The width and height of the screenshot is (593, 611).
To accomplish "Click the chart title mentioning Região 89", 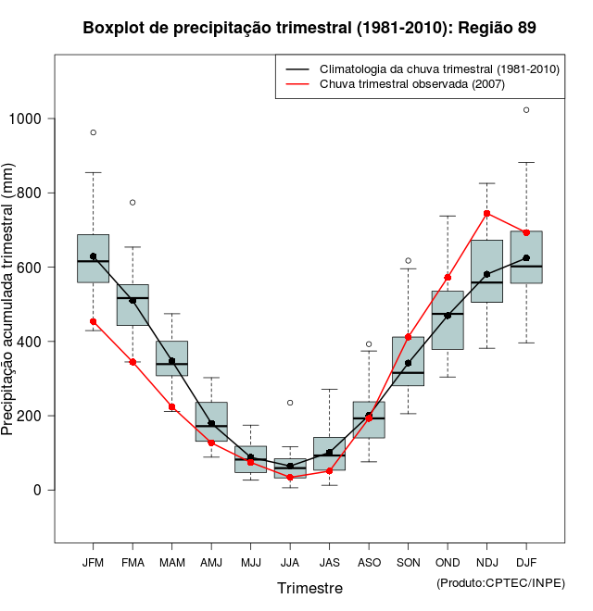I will point(309,28).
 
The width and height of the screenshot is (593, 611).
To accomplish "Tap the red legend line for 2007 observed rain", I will point(296,85).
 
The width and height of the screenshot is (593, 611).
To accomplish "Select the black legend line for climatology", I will point(296,69).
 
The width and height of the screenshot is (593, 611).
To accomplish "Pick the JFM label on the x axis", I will point(93,562).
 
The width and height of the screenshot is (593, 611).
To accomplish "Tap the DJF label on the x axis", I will point(526,562).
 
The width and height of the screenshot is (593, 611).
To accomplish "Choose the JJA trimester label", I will point(290,562).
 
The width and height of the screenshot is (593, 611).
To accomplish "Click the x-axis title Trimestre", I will point(309,588).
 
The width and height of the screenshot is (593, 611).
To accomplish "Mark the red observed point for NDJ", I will point(487,213).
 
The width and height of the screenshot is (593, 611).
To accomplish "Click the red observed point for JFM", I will point(93,321).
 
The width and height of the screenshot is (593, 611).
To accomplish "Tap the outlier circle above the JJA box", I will point(290,403).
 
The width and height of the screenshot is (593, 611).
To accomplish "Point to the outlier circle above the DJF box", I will point(526,109).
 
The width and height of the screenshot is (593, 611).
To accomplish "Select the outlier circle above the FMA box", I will point(132,202).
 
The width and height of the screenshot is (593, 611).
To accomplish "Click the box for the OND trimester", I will point(448,320).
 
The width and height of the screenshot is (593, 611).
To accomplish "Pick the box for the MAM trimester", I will point(171,358).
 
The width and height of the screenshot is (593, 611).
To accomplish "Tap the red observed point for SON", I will point(408,337).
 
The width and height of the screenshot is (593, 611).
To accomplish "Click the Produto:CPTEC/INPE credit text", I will point(500,582).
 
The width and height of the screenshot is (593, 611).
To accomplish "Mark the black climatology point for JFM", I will point(93,256).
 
